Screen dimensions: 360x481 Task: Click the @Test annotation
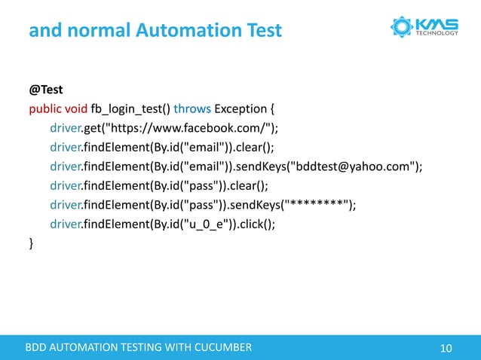(x=46, y=89)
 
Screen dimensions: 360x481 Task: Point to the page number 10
(x=446, y=347)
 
